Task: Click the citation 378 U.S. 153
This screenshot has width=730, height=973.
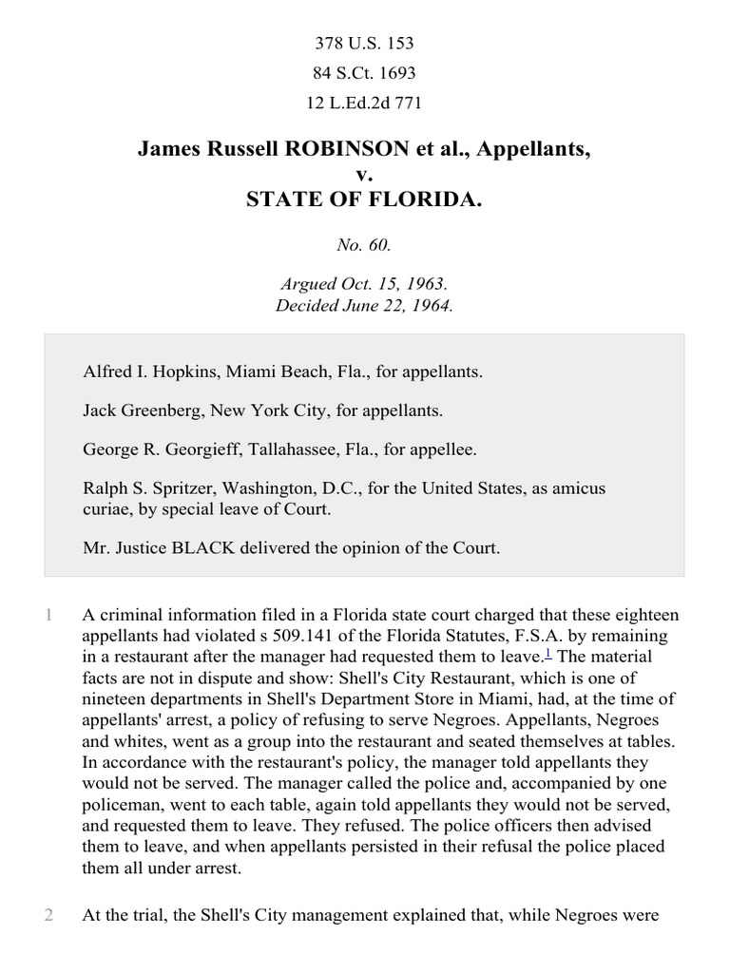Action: click(364, 44)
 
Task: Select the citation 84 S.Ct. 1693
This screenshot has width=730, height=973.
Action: click(364, 73)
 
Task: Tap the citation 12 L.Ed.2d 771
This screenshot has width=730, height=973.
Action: click(364, 103)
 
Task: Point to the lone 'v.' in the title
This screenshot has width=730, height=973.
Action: click(364, 174)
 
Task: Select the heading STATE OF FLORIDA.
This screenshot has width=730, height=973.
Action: click(364, 199)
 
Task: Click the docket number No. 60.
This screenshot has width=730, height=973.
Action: click(364, 245)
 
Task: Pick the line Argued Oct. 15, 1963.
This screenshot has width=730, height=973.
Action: click(364, 284)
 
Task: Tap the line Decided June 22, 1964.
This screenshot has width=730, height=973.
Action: click(364, 306)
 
